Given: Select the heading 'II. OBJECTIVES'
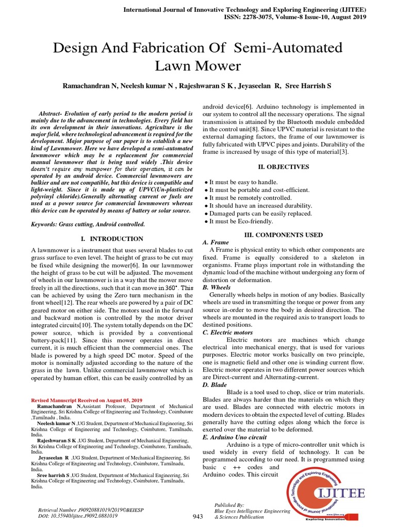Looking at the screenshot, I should click(x=283, y=167).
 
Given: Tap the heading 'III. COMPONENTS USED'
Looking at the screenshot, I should click(x=283, y=235).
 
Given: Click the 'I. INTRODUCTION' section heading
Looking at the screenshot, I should click(x=112, y=239).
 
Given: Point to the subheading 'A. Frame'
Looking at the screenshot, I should click(x=216, y=242).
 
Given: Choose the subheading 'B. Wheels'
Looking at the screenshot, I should click(x=217, y=287).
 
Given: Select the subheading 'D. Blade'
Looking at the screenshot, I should click(x=215, y=384).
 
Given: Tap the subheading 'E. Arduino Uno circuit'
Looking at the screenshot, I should click(x=235, y=437).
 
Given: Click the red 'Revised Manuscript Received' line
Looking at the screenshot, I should click(x=87, y=400).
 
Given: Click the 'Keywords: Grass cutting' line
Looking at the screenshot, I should click(x=88, y=224).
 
